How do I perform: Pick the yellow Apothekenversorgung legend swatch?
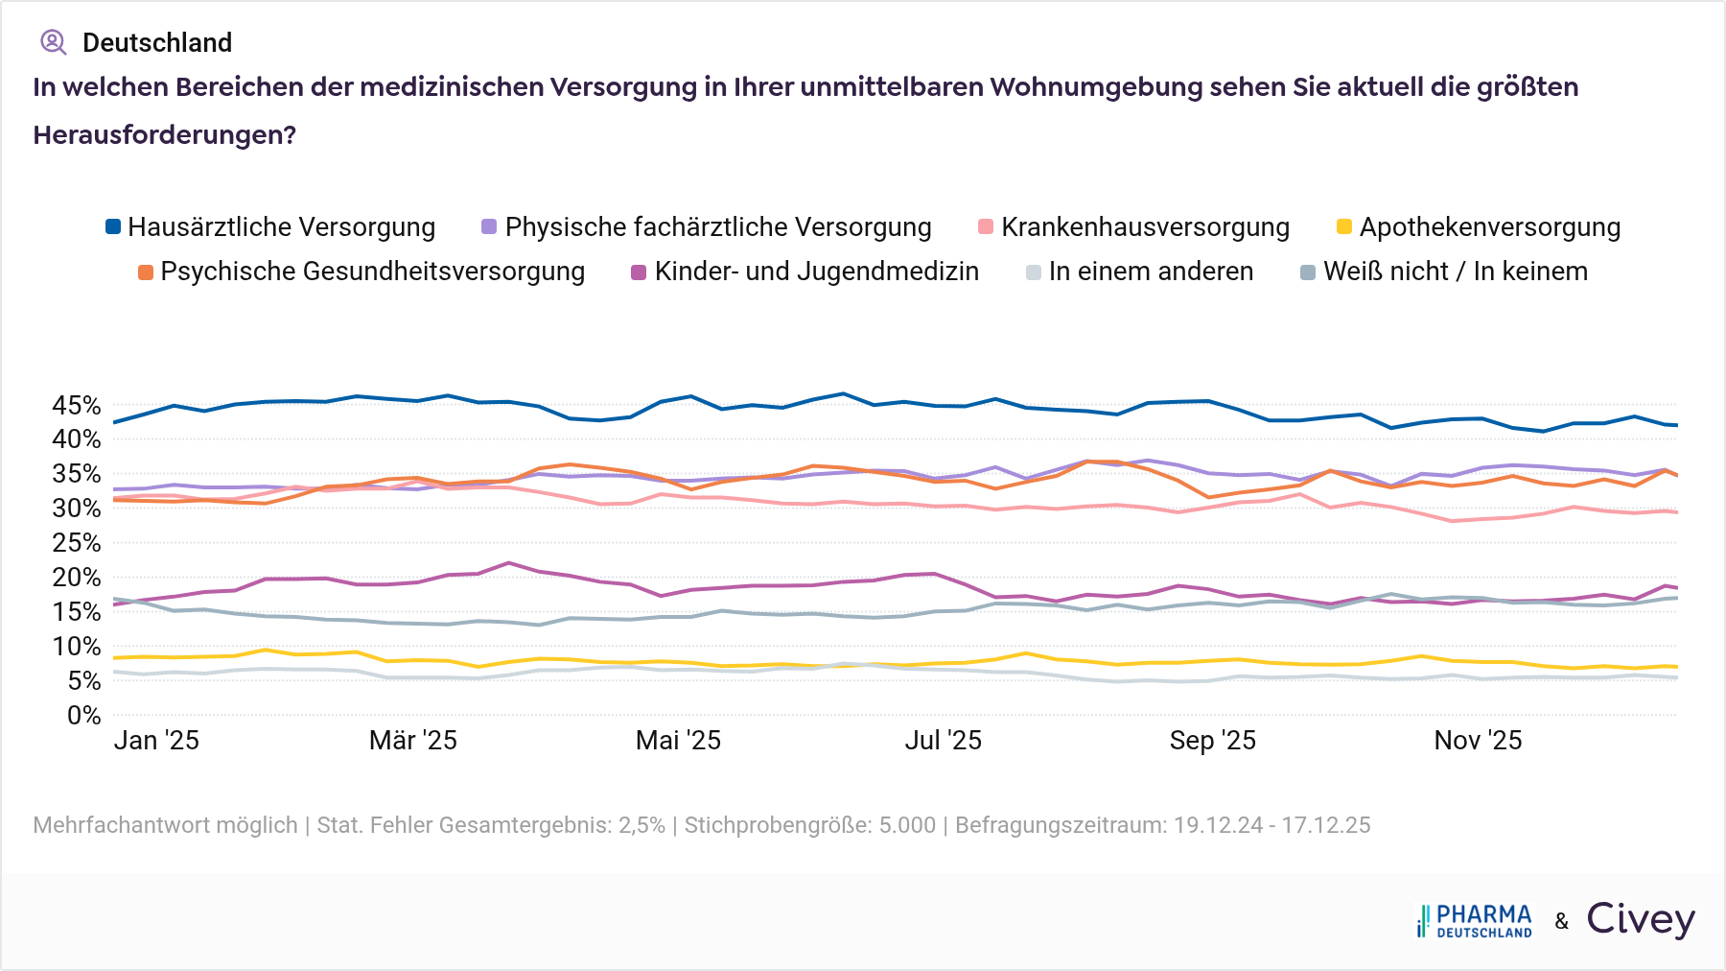(1344, 227)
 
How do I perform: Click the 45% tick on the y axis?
(77, 406)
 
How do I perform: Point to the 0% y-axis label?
(83, 716)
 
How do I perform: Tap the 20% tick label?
(77, 578)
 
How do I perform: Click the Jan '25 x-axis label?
(156, 741)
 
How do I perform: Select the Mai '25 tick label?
(678, 741)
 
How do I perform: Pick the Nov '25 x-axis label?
(1478, 741)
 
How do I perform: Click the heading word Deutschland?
(157, 43)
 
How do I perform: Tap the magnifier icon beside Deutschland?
(53, 42)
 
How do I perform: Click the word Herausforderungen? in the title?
(164, 135)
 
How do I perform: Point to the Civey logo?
(1641, 919)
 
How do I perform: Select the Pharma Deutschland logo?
(1475, 921)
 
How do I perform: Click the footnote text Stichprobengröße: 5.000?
(810, 825)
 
